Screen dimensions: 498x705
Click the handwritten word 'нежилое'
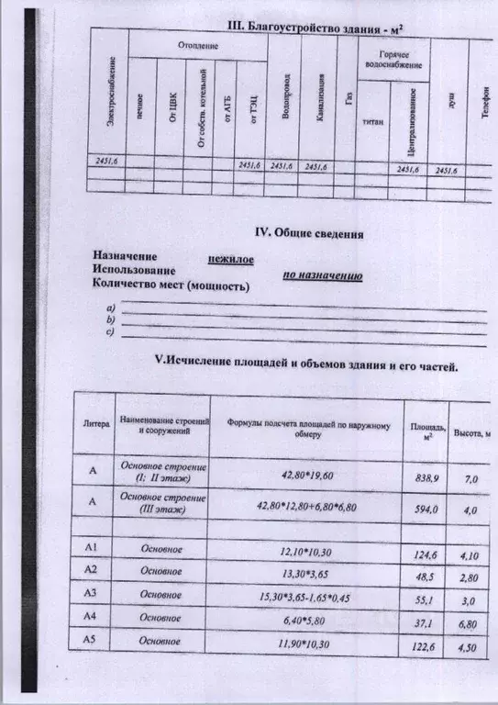point(230,260)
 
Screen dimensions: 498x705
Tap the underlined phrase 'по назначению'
point(321,276)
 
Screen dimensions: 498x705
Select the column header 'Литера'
point(97,424)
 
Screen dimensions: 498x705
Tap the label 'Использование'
point(134,271)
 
